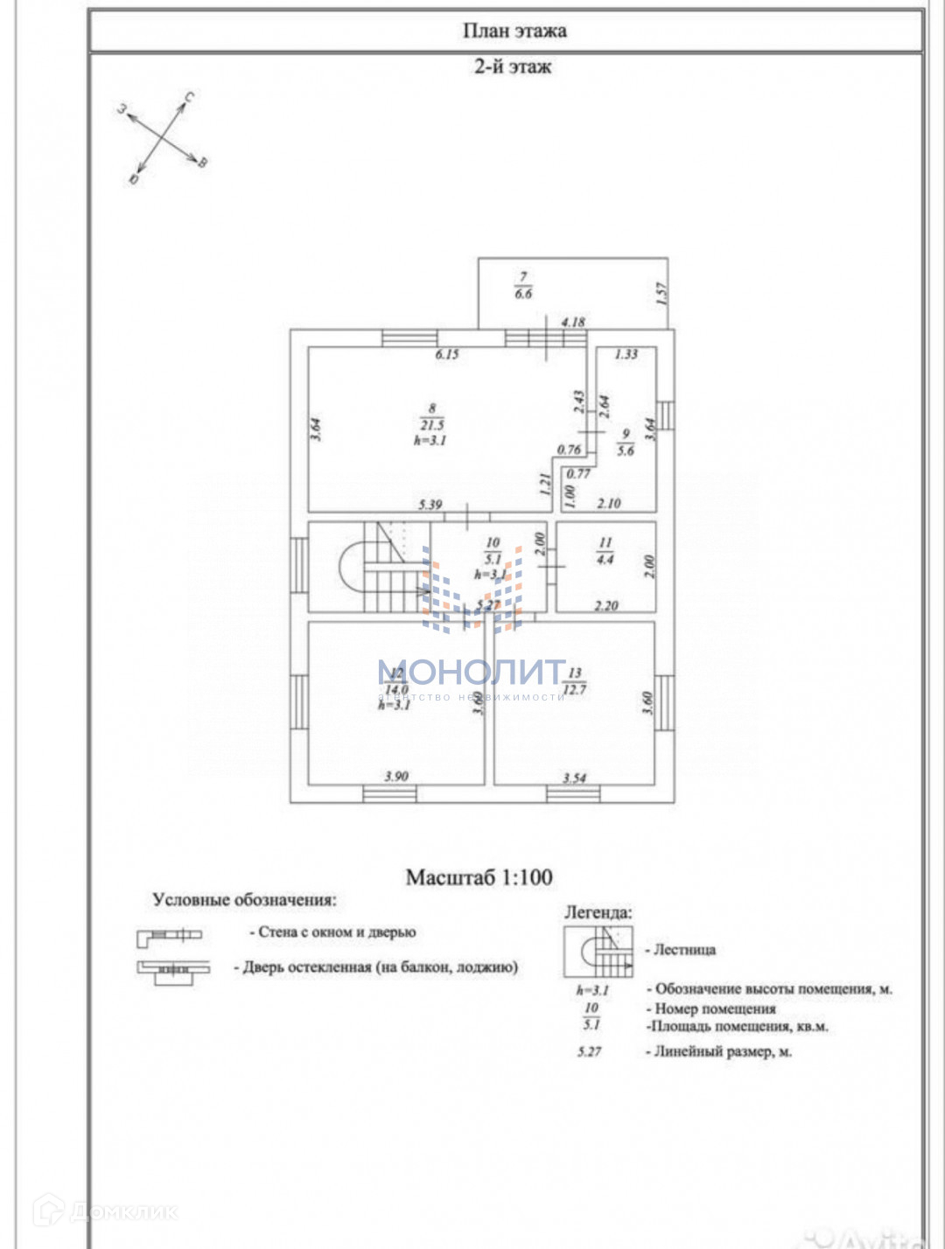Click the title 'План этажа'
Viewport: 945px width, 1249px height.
point(514,31)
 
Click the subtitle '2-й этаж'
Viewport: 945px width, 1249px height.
point(513,66)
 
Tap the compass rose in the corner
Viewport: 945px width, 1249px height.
point(163,138)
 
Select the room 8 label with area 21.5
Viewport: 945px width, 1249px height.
point(431,425)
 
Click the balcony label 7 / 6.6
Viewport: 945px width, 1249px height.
point(523,286)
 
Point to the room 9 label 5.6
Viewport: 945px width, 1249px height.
point(626,443)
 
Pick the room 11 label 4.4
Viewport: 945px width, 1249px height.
point(605,551)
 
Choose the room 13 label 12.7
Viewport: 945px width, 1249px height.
point(575,681)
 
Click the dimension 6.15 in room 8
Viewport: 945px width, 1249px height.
point(447,354)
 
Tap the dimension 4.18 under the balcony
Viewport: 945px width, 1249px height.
point(573,322)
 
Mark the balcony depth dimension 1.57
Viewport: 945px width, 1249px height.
point(661,292)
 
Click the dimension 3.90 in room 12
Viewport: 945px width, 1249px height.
point(396,776)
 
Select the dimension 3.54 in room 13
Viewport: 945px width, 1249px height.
point(575,778)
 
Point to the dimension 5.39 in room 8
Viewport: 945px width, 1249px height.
point(430,505)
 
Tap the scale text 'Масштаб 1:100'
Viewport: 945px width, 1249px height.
point(479,876)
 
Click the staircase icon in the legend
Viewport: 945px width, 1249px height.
point(598,950)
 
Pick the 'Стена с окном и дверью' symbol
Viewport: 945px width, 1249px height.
point(169,937)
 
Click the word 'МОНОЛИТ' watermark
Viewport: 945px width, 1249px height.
point(472,672)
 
